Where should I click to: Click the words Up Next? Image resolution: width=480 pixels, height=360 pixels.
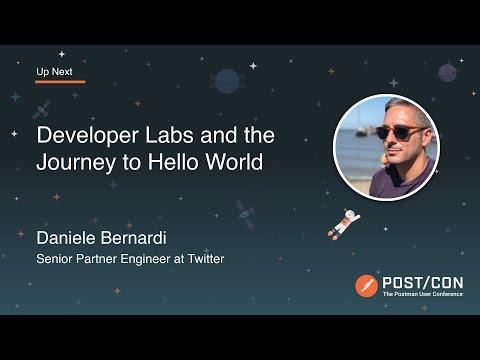pos(54,72)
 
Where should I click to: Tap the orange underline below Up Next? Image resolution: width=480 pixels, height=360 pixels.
pos(60,82)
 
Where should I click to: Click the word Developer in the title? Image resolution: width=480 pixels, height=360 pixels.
pos(87,136)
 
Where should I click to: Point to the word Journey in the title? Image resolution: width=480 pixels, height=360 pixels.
pos(76,163)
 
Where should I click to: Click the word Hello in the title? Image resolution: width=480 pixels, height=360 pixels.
pos(172,162)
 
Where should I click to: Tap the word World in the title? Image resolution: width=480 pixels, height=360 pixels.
pos(234,162)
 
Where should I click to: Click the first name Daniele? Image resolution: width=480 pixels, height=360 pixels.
pos(66,238)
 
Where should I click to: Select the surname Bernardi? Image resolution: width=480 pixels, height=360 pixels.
pos(133,238)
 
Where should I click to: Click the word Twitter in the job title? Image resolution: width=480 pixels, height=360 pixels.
pos(206,259)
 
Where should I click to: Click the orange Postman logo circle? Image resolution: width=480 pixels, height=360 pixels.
pos(366,286)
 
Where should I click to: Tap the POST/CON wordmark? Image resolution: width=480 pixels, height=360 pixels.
pos(423,283)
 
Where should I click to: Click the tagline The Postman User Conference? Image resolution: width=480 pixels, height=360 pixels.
pos(423,294)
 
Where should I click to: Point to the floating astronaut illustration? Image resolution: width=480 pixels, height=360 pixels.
pos(344,224)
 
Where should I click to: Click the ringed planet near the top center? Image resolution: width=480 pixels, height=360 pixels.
pos(227,81)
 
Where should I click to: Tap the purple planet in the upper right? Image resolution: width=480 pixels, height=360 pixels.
pos(447,73)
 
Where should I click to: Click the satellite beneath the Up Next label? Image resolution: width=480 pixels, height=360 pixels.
pos(42,110)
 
